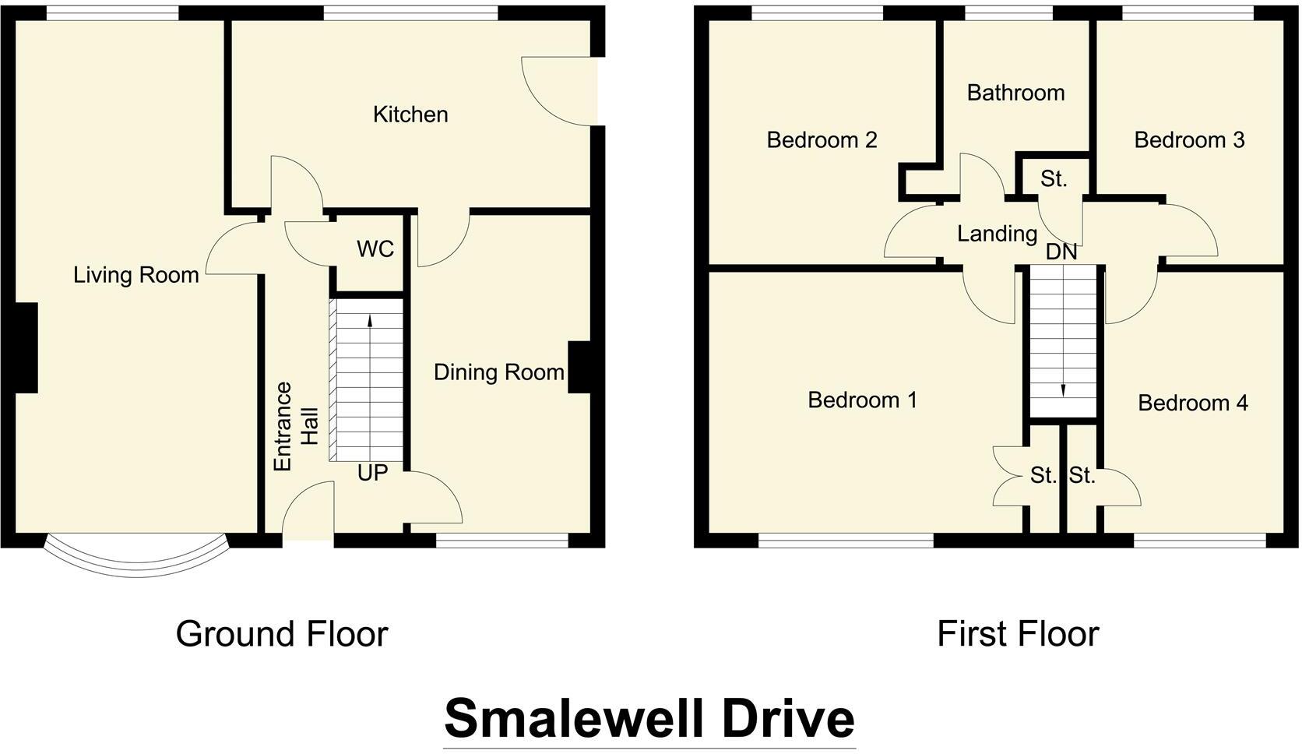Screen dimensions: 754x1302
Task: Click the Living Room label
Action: pos(136,275)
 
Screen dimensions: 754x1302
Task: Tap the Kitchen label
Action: pos(410,115)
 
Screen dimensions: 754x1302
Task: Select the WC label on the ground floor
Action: pos(375,249)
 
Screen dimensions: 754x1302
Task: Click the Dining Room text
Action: pos(498,372)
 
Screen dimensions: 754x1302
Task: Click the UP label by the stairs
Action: pos(372,473)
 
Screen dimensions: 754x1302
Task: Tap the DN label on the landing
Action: pos(1061,252)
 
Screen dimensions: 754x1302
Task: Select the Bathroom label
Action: pos(1015,93)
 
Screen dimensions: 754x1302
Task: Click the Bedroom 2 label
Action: pos(822,140)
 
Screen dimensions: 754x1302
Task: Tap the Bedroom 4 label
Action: pos(1192,403)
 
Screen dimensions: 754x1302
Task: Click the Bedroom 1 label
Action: pos(862,400)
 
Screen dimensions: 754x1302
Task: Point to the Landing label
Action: pos(997,234)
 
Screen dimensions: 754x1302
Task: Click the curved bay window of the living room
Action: pos(137,562)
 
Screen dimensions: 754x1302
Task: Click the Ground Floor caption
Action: pos(282,634)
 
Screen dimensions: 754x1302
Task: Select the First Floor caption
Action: pos(1017,634)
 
